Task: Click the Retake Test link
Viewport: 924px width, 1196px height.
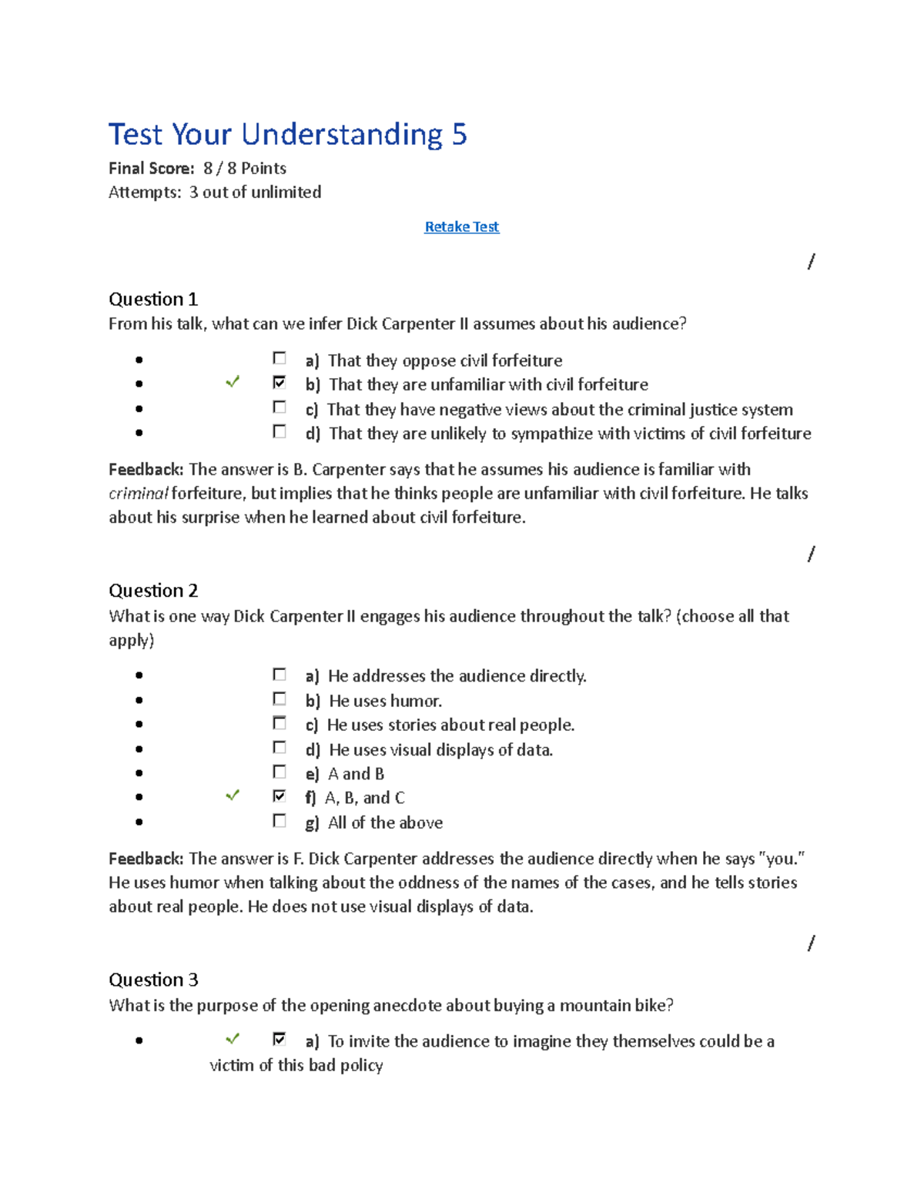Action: [x=461, y=226]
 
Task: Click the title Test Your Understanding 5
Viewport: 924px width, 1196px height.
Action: [x=287, y=134]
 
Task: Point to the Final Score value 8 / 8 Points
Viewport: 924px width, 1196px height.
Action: [x=244, y=168]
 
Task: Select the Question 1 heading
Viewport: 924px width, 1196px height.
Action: [x=152, y=299]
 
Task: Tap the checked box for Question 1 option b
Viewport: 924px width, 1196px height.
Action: [x=280, y=383]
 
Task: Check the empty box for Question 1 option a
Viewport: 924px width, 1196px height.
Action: [x=280, y=358]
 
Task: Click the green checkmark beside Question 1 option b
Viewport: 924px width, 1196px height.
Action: [x=232, y=382]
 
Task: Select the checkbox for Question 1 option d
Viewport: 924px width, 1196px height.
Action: [x=280, y=432]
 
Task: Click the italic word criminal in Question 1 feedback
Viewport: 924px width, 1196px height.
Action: [x=138, y=494]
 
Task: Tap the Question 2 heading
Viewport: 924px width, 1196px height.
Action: [x=152, y=591]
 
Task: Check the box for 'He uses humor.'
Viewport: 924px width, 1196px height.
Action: [x=280, y=699]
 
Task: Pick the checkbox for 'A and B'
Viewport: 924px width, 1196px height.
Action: [x=280, y=772]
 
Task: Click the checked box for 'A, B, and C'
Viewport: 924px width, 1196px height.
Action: [x=280, y=796]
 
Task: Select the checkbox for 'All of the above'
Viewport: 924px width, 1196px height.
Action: [x=280, y=821]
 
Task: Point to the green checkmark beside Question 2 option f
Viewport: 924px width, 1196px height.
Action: [x=232, y=796]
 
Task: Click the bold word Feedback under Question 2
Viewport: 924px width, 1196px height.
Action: [x=146, y=859]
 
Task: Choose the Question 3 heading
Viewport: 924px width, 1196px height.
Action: [x=152, y=980]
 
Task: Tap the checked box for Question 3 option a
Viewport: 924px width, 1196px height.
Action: [x=280, y=1040]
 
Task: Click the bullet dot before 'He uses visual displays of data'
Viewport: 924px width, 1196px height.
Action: [x=139, y=749]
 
